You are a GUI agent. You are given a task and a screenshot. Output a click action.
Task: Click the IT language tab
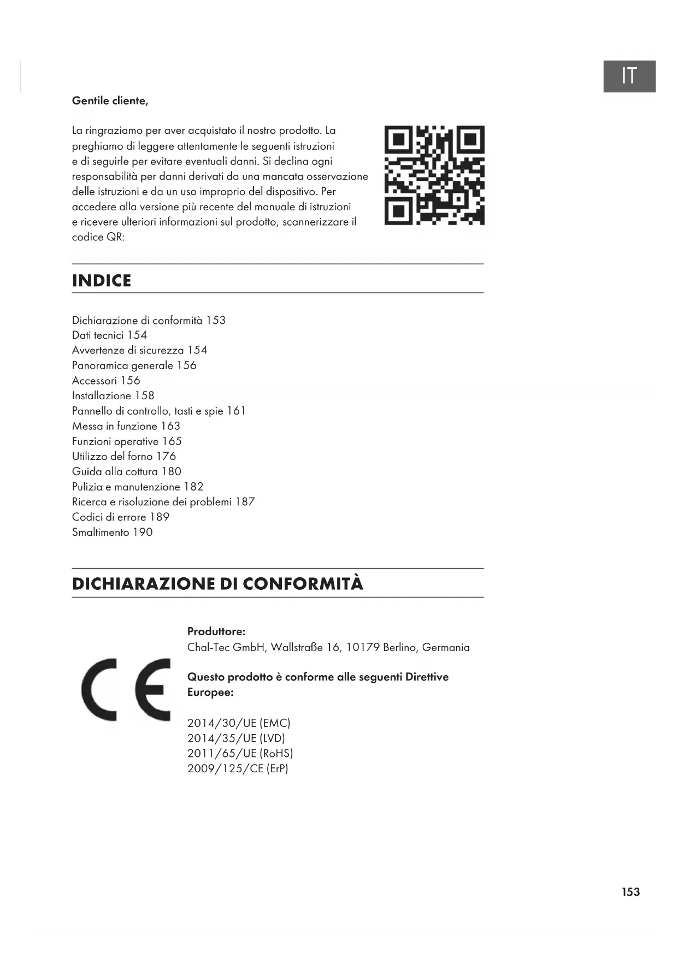click(629, 76)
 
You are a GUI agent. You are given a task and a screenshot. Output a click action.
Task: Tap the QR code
click(434, 175)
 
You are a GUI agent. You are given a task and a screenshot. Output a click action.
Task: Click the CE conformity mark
click(126, 689)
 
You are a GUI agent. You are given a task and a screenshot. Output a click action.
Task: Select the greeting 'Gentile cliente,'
click(110, 101)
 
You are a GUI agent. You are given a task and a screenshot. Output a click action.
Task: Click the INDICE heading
click(102, 281)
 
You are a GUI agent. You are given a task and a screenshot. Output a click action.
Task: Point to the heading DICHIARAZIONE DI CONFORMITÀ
click(217, 583)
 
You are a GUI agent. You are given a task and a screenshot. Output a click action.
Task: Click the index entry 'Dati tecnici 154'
click(109, 335)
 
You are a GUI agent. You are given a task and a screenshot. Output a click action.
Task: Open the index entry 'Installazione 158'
click(113, 395)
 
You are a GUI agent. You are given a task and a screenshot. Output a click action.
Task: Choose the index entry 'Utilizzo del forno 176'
click(124, 456)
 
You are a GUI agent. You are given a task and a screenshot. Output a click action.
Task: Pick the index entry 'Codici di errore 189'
click(121, 517)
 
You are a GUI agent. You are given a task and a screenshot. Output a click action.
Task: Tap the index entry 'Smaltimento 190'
click(113, 532)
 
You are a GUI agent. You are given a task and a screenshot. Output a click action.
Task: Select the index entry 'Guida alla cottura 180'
click(127, 471)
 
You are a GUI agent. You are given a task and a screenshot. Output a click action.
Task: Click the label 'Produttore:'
click(216, 631)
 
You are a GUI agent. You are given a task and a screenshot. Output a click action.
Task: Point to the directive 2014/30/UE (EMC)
click(239, 723)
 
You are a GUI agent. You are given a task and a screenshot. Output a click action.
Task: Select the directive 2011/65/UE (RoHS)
click(240, 753)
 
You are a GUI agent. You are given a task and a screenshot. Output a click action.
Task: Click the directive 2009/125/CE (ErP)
click(238, 768)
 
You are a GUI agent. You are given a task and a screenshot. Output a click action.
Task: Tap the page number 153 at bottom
click(630, 892)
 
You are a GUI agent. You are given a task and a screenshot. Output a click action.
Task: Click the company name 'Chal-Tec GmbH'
click(226, 647)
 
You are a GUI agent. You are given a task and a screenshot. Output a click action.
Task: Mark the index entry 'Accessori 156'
click(106, 381)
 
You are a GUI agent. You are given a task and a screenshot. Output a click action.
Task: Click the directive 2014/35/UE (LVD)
click(236, 738)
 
